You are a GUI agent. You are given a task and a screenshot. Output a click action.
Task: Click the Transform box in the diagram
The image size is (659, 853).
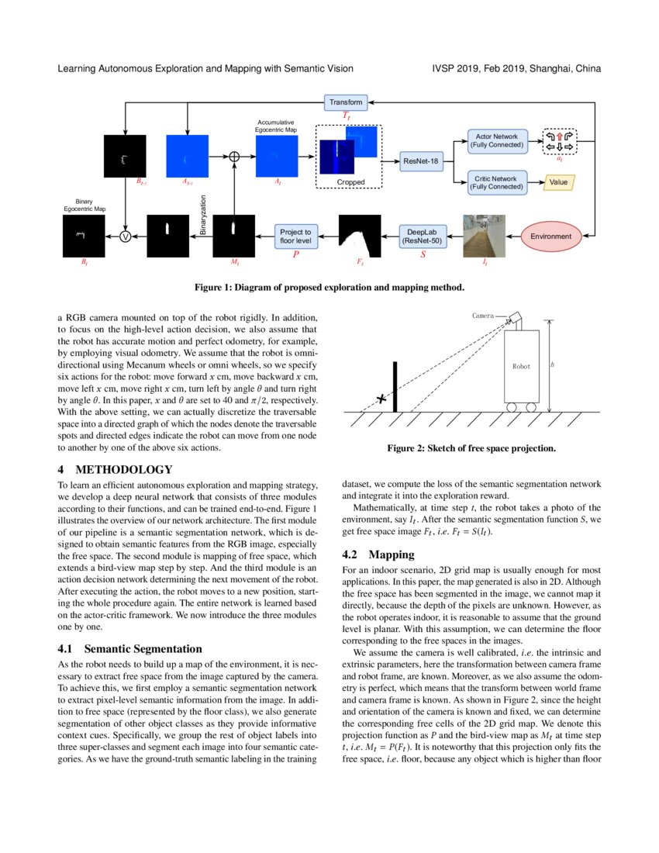pos(346,102)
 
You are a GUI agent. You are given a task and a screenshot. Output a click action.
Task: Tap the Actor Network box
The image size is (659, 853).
pos(497,141)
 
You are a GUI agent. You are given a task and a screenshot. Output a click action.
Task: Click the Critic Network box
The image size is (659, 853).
pos(497,182)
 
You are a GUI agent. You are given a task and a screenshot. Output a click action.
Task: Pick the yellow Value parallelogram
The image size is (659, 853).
pos(558,182)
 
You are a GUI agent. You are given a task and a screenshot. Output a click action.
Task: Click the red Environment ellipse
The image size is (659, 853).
pos(550,236)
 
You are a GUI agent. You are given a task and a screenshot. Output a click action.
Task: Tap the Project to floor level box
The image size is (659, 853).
pos(295,236)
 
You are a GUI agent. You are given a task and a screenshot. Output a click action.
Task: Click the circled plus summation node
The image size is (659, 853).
pos(234,156)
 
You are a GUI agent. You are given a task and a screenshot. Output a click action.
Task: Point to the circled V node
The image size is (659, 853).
pos(124,236)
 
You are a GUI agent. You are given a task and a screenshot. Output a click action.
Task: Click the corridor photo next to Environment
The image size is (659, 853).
pos(485,236)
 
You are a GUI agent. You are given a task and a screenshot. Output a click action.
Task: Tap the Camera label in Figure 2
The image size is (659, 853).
pos(483,316)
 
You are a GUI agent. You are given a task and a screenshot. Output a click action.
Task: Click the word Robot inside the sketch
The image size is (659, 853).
pos(522,366)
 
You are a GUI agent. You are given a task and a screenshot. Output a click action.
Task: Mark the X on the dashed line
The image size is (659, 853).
pos(381,399)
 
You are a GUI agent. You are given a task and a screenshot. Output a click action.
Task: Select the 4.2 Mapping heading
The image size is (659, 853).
pos(380,554)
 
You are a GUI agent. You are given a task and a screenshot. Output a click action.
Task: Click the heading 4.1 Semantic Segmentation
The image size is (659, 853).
pos(129,648)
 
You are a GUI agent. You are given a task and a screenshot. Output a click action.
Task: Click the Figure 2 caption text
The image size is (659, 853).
pos(471,448)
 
